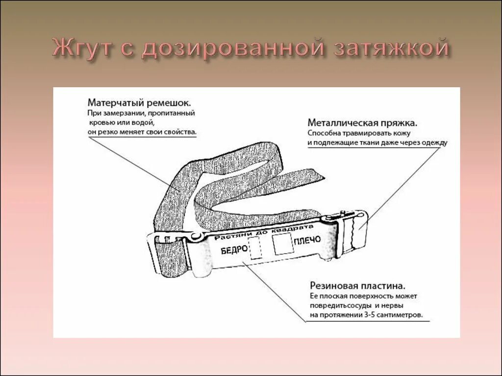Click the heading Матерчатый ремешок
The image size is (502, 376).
[139, 103]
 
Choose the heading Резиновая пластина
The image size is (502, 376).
[357, 285]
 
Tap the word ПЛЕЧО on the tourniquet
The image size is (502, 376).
[307, 240]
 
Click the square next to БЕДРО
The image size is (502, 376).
[256, 249]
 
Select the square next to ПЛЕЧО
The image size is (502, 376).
[282, 243]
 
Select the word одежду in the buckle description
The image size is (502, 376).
[434, 142]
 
